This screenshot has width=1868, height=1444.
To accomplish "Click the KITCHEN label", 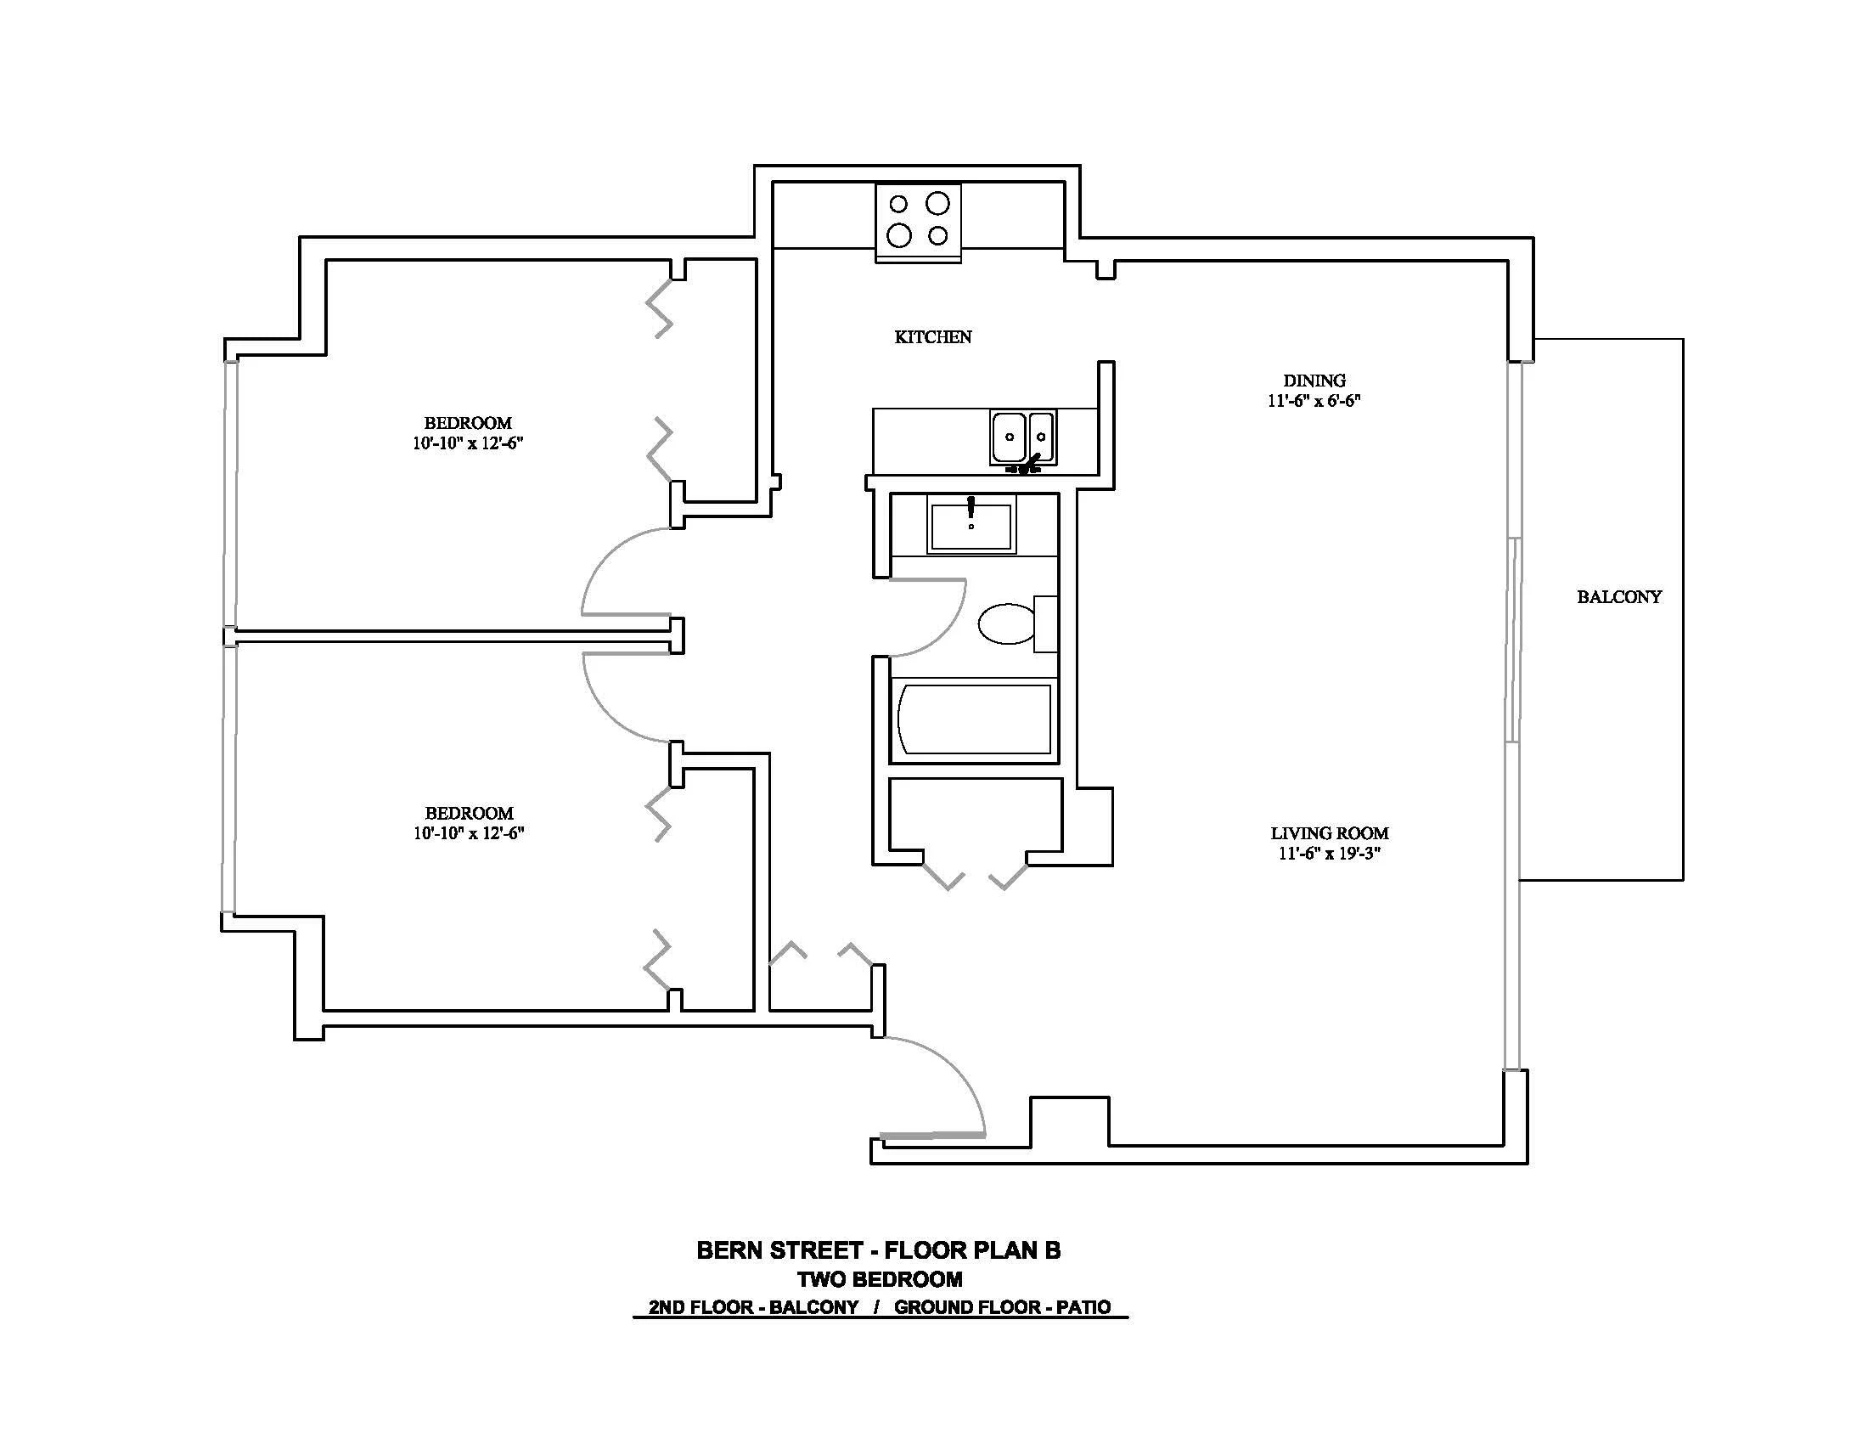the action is (x=933, y=337).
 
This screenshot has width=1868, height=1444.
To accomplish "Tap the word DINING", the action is (x=1314, y=380).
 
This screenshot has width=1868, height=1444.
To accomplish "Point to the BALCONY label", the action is (x=1619, y=596).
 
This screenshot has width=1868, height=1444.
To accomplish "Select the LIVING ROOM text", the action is (x=1329, y=832).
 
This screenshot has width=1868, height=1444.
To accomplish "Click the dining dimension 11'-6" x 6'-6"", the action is (x=1314, y=400).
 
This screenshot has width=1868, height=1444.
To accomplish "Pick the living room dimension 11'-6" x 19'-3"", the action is (x=1329, y=853).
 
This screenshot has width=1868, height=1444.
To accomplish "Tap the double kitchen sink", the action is (x=1023, y=437).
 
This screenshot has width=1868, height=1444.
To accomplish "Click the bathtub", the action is (x=974, y=719).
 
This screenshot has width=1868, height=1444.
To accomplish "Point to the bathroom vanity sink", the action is (x=971, y=527).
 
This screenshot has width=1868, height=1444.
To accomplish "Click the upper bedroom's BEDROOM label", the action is (x=468, y=423).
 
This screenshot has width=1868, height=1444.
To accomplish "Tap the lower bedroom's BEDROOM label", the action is (x=469, y=813).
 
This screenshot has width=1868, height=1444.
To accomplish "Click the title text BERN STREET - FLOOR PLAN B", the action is (x=879, y=1250).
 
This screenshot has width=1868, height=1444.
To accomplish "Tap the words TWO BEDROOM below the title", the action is (x=880, y=1280).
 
